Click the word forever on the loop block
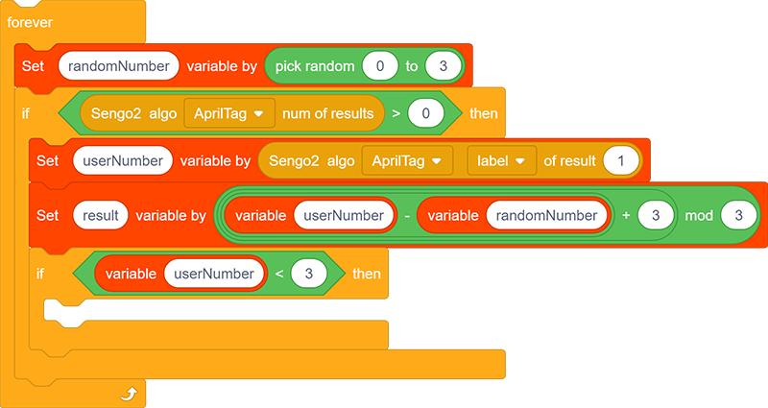(x=30, y=22)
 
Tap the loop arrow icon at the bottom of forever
(x=129, y=394)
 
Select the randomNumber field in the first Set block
(x=118, y=66)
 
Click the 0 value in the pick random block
(x=380, y=66)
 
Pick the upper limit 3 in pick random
(x=444, y=66)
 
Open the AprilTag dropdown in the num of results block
(x=229, y=113)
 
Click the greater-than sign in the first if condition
(x=396, y=113)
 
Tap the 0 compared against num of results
(x=425, y=113)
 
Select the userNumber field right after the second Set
(x=123, y=160)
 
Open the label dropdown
(x=501, y=160)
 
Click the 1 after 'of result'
(x=621, y=160)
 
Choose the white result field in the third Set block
(x=101, y=215)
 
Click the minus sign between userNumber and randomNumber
(x=407, y=215)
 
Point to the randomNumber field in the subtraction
(x=546, y=215)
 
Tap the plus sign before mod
(x=626, y=215)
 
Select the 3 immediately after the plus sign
(x=656, y=215)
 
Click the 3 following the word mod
(x=738, y=215)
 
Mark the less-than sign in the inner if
(x=279, y=274)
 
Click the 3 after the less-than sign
(x=308, y=274)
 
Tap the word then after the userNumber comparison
(x=367, y=274)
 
